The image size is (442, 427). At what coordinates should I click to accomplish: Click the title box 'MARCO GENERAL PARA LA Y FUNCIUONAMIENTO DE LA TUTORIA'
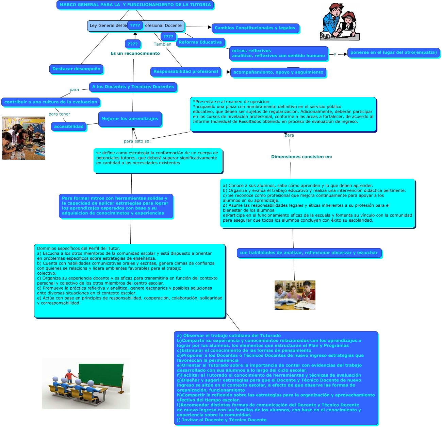coord(135,5)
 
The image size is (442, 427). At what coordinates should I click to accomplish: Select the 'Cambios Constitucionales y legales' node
coord(255,28)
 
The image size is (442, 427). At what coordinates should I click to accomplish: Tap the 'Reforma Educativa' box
coord(200,42)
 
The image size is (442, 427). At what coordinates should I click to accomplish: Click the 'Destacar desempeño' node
coord(76,69)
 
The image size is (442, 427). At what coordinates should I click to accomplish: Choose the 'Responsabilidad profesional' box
coord(185,71)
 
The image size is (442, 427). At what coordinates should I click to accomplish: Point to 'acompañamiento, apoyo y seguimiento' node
coord(278,72)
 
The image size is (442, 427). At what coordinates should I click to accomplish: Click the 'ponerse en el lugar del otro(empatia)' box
coord(393,52)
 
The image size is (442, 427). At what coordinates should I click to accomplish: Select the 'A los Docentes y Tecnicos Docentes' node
coord(133,87)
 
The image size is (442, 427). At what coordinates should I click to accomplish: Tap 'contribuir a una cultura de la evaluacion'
coord(51,102)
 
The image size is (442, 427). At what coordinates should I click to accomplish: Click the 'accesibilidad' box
coord(69,126)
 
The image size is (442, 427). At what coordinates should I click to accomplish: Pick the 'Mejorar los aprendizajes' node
coord(130,119)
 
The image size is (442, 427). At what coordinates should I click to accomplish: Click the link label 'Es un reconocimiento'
coord(135,53)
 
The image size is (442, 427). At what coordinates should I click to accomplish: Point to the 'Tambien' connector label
coord(162,44)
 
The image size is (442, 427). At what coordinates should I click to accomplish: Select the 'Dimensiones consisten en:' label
coord(301,157)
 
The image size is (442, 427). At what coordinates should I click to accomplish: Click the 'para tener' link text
coord(59,114)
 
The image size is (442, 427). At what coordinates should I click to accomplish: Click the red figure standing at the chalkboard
coord(70,375)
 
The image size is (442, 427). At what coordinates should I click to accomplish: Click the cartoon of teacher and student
coord(340,22)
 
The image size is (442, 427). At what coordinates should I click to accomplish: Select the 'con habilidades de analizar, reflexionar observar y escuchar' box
coord(309,253)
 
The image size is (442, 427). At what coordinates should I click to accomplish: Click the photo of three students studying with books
coord(295,295)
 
